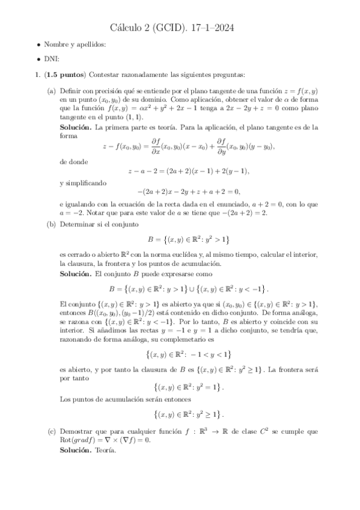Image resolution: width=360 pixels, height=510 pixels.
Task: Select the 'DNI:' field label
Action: (52, 59)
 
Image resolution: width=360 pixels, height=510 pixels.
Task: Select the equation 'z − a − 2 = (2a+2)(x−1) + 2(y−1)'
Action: (188, 171)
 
